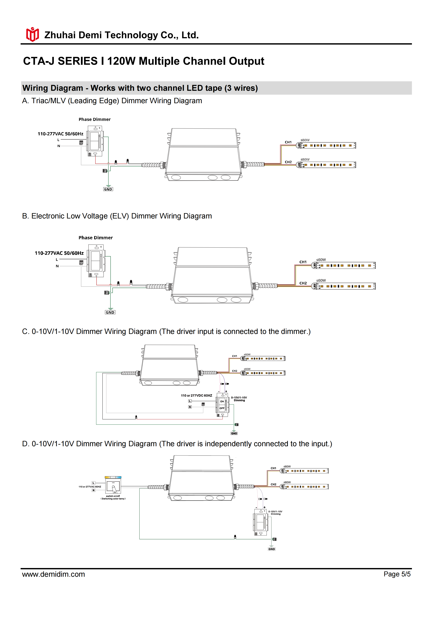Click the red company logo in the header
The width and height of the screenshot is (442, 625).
click(32, 34)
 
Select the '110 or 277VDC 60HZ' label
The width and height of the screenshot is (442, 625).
click(197, 396)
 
